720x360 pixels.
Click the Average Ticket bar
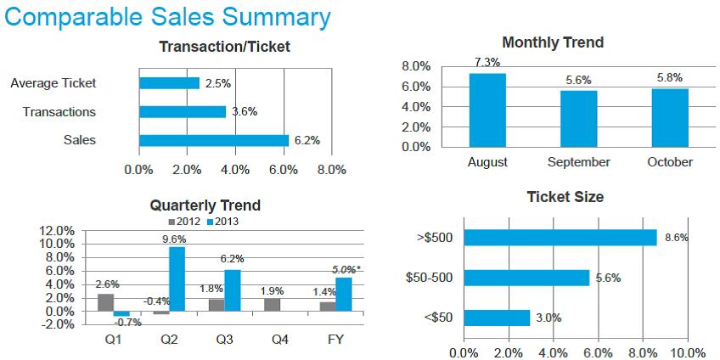[169, 83]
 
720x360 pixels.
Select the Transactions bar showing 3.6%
[183, 111]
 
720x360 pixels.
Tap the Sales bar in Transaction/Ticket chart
[214, 140]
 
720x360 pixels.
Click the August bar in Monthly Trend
[487, 110]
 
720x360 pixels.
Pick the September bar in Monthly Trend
[578, 119]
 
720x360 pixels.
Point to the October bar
[669, 118]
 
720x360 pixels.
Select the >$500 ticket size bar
[560, 237]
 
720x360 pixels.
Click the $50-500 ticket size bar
[526, 278]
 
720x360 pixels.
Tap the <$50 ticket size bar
[497, 318]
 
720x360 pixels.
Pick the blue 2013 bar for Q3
[232, 290]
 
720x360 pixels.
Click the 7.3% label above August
[487, 63]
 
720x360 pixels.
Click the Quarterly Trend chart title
[205, 205]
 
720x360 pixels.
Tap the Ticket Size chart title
[565, 197]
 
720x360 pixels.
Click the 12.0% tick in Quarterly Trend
[57, 230]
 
